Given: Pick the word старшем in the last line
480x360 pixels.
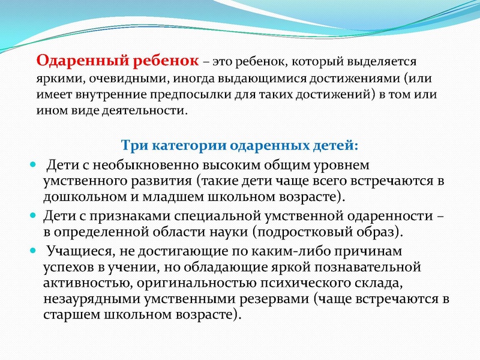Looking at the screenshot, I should click(68, 315).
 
